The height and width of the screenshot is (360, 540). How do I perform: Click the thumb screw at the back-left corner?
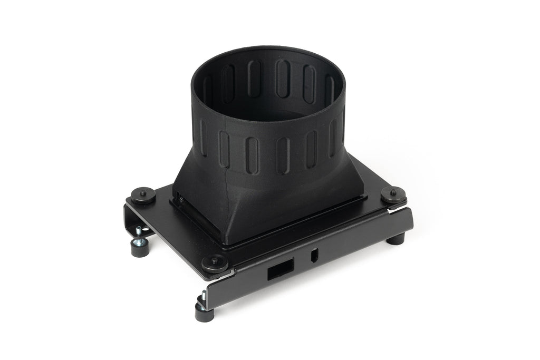143,194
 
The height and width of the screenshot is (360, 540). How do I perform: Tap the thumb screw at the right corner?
393,194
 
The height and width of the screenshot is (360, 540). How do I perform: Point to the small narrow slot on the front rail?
314,256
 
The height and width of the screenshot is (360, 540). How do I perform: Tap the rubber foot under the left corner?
140,248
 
